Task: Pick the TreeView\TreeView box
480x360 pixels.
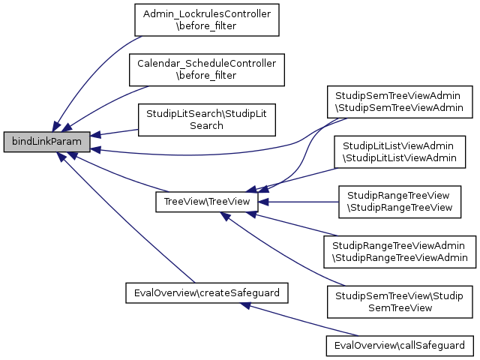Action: (x=206, y=202)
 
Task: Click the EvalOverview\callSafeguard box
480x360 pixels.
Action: (x=400, y=346)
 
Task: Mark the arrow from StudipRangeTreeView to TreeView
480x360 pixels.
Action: (x=300, y=202)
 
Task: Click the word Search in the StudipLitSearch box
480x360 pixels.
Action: (x=206, y=125)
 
